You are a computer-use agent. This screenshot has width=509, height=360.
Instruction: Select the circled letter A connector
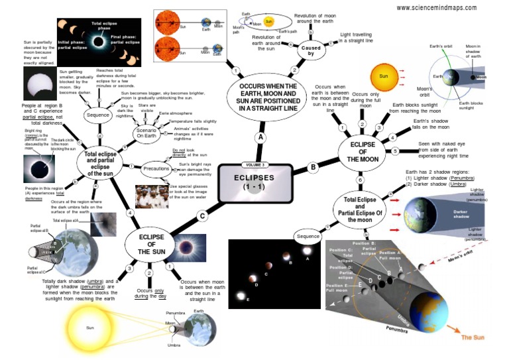[x=260, y=137]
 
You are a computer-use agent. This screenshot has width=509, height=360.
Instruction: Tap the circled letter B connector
[x=313, y=168]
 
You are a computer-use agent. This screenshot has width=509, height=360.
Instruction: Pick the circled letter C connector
[x=202, y=215]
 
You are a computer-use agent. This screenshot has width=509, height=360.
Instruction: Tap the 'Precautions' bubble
[x=156, y=168]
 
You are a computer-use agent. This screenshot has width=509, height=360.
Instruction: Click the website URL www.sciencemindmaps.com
[x=436, y=8]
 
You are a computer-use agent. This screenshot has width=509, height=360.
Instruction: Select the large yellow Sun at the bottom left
[x=90, y=328]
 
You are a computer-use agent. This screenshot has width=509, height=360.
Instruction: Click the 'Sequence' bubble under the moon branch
[x=308, y=237]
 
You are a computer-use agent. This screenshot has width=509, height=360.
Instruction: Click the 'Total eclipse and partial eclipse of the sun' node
[x=101, y=163]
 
